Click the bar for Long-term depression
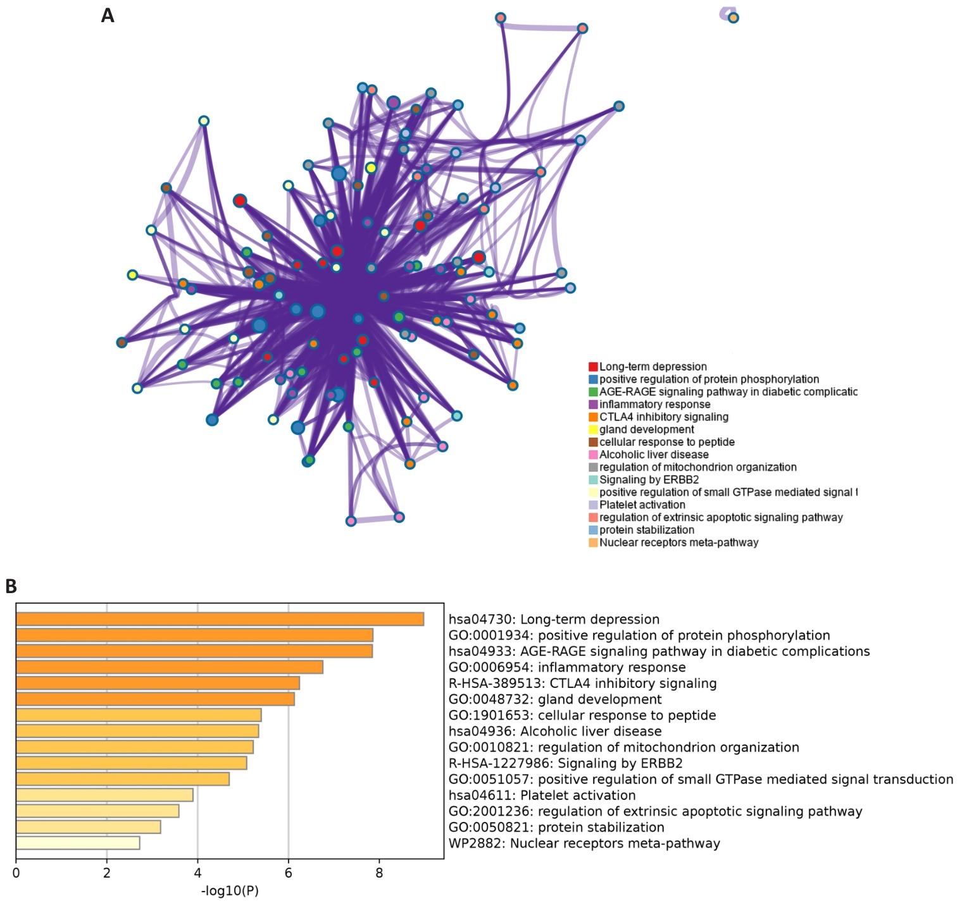(x=220, y=619)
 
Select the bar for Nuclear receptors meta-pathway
(x=78, y=843)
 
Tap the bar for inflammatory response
(x=170, y=667)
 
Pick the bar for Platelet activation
(x=104, y=795)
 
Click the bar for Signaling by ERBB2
(x=131, y=763)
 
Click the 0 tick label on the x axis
(x=16, y=874)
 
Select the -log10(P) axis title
(x=230, y=892)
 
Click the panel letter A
(x=108, y=15)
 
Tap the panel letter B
(x=11, y=586)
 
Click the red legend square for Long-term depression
(x=593, y=367)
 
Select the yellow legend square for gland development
(x=593, y=429)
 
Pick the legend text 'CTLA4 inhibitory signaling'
(x=664, y=417)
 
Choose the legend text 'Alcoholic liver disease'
(x=654, y=455)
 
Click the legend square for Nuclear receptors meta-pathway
(x=593, y=543)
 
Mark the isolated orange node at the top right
(x=733, y=18)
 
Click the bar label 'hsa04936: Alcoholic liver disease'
(x=555, y=732)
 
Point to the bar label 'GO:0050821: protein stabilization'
(x=556, y=827)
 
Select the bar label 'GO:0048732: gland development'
(x=555, y=699)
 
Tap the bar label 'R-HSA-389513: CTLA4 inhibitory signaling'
(x=583, y=684)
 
